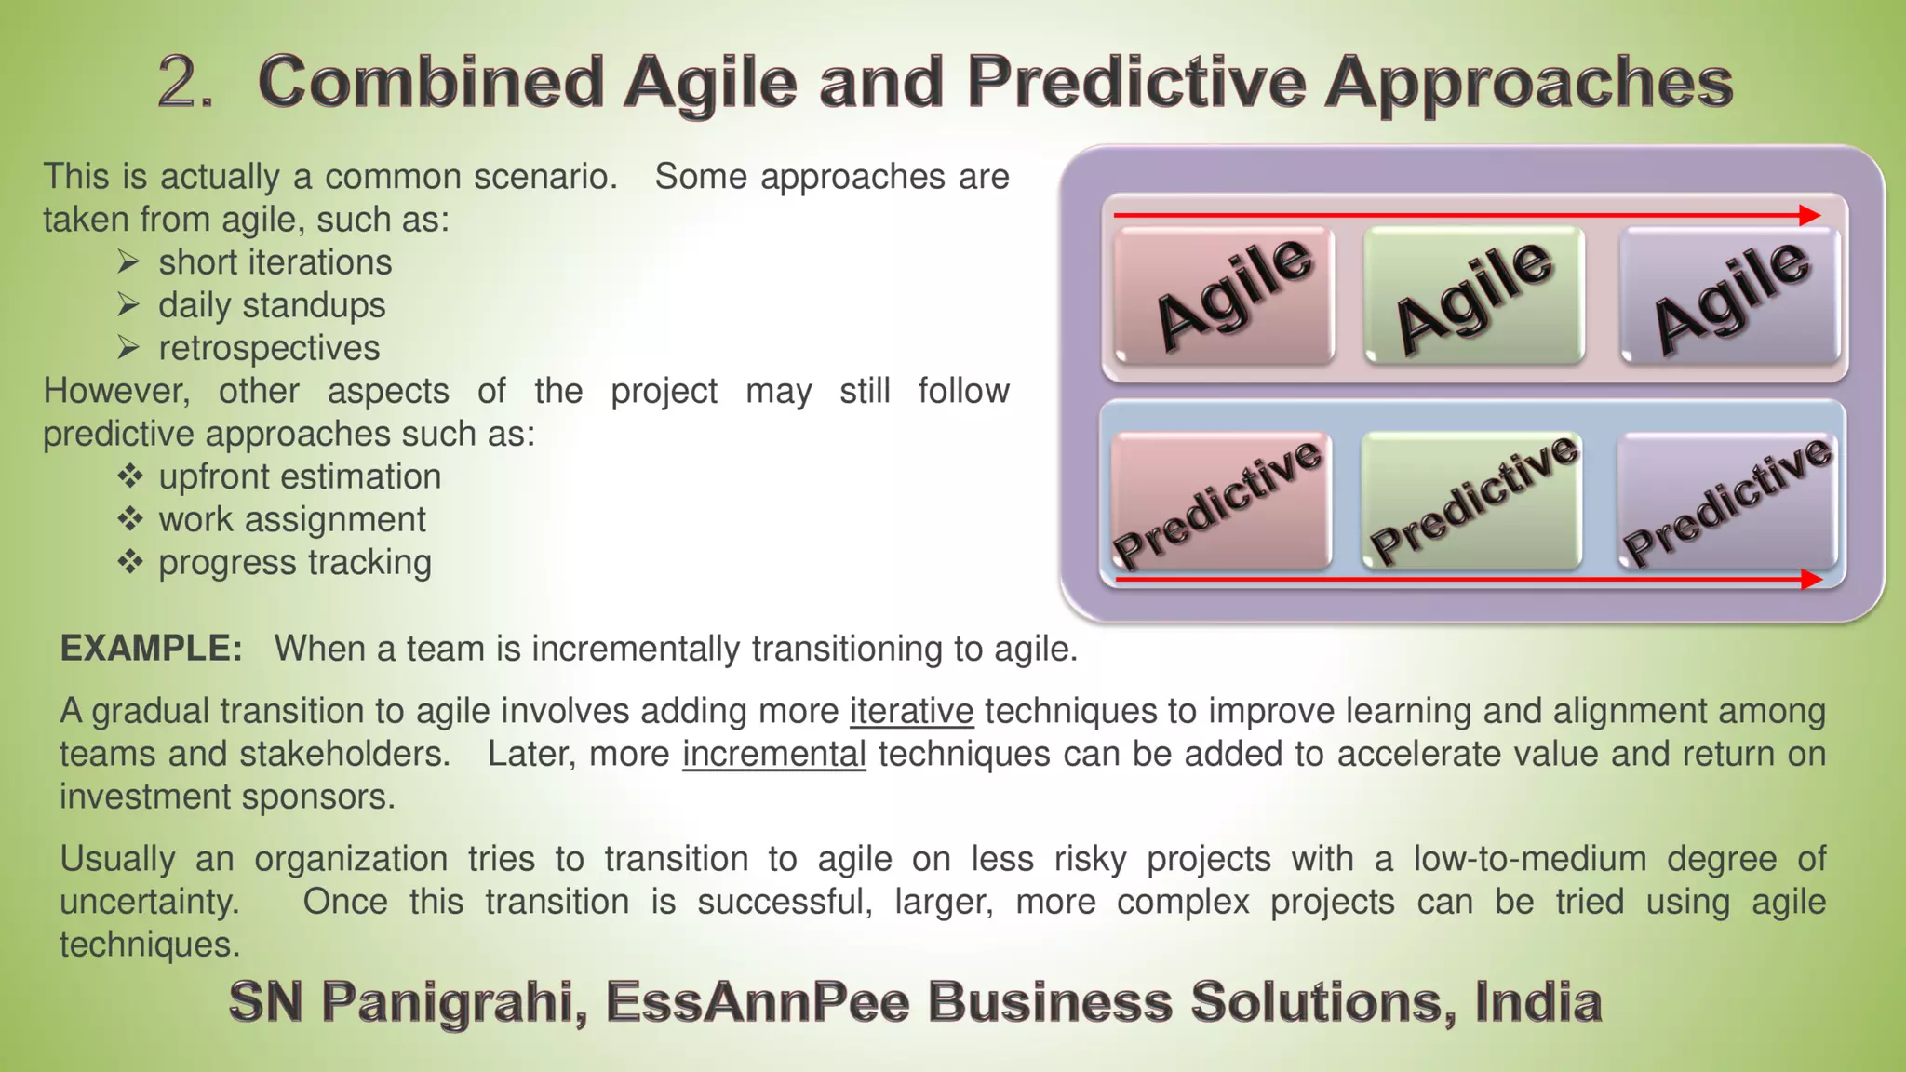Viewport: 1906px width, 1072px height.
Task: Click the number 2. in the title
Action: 186,82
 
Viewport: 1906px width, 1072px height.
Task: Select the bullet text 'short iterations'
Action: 275,262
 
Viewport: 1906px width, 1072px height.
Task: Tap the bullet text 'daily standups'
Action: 272,305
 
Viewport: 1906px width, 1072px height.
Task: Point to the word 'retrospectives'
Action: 269,348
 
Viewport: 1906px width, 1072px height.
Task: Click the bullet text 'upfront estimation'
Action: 300,476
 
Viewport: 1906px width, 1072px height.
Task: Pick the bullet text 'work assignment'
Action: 292,519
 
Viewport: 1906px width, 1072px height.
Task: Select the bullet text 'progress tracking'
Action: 295,562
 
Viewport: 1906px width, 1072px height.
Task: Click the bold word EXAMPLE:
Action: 151,649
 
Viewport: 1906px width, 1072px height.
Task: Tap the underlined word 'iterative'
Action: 911,711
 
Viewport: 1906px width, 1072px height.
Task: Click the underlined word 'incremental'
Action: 773,754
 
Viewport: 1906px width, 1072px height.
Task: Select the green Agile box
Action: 1474,296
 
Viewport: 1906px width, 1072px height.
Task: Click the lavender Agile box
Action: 1730,296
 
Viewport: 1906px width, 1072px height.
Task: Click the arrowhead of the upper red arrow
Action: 1810,216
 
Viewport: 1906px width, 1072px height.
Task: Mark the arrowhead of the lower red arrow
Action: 1811,580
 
